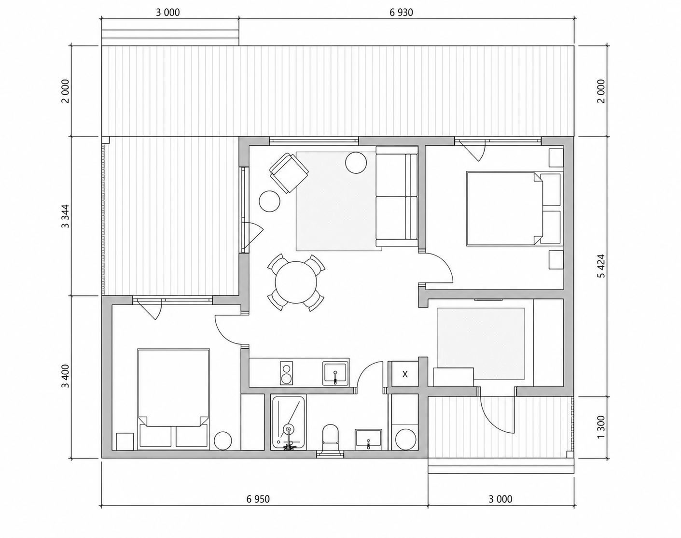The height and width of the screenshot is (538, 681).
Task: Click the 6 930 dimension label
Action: coord(401,13)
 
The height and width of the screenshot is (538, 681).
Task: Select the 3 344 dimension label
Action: coord(66,216)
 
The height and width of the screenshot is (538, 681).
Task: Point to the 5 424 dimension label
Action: coord(601,266)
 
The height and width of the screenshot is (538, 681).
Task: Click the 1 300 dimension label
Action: coord(601,427)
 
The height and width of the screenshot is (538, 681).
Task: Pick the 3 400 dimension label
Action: coord(66,376)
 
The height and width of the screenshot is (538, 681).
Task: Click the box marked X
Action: coord(405,374)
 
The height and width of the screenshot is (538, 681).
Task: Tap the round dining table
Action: coord(296,283)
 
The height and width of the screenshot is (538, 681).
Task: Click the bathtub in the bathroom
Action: coord(288,422)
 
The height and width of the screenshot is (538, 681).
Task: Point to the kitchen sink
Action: coord(335,374)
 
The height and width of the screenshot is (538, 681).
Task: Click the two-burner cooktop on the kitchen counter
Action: coord(286,373)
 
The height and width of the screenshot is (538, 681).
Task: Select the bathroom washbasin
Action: coord(368,439)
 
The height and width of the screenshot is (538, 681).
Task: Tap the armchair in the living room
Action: coord(289,173)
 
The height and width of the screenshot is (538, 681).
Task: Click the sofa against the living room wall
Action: coord(397,197)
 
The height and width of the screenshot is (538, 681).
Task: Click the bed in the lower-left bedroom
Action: coord(173,399)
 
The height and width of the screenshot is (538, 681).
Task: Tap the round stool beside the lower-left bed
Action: coord(223,440)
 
